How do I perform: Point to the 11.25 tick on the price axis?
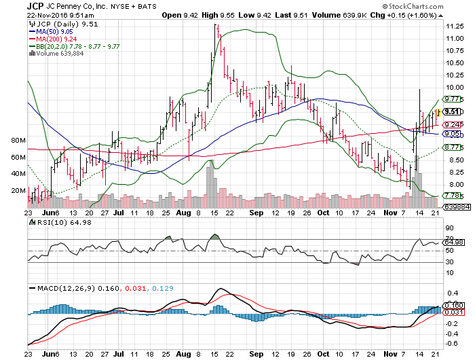455,26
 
